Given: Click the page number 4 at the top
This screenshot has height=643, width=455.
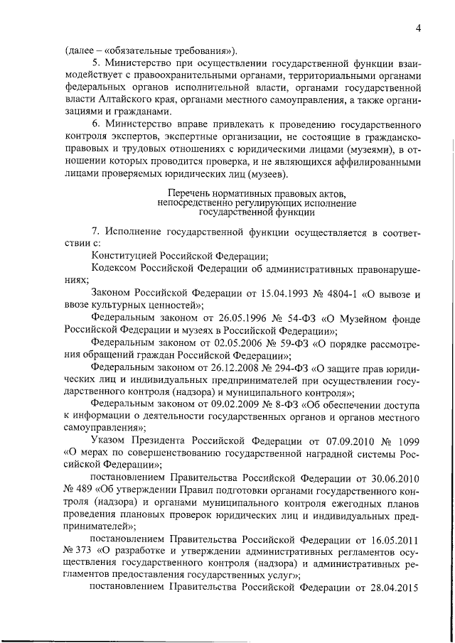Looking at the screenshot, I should (x=419, y=28).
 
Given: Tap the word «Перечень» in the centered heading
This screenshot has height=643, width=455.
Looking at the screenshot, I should (x=190, y=193).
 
